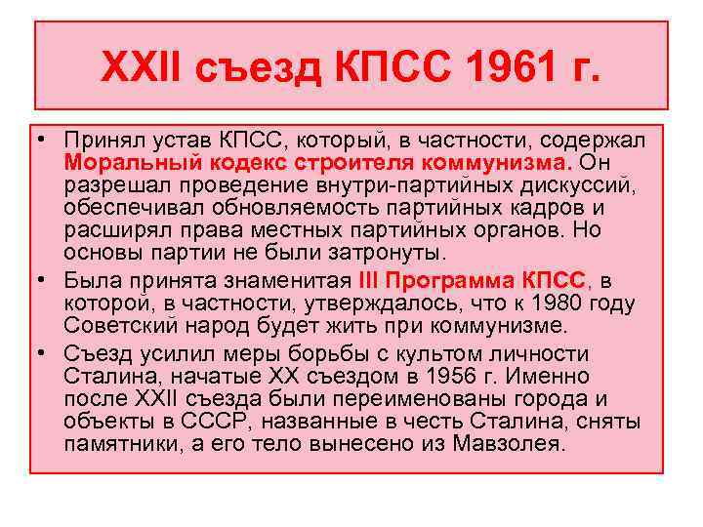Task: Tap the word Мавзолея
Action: point(511,444)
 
